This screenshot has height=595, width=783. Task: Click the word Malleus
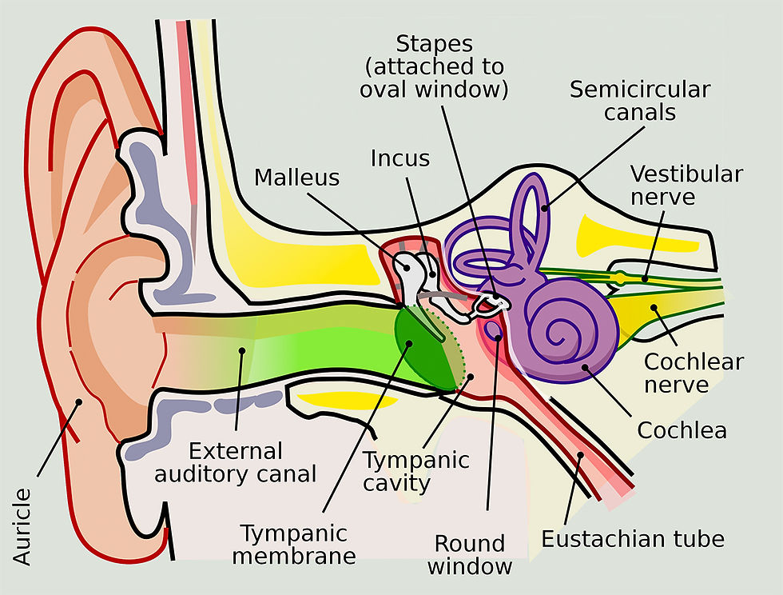click(296, 178)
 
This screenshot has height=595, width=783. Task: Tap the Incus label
click(400, 158)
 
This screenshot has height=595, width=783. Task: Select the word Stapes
click(434, 45)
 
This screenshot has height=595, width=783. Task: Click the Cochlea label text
click(682, 430)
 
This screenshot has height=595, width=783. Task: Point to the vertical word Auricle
click(22, 526)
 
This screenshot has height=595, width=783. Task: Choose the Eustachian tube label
click(633, 539)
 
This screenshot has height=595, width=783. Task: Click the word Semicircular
click(640, 90)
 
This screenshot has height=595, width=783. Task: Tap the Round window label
click(470, 555)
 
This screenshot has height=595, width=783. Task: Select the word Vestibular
click(686, 174)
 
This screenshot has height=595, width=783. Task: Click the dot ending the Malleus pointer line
click(407, 267)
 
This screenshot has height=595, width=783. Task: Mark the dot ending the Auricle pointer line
click(78, 401)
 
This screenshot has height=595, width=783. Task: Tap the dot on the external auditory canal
click(242, 350)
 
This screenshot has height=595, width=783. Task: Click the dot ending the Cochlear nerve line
click(654, 308)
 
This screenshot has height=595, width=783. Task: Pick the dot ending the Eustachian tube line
click(580, 455)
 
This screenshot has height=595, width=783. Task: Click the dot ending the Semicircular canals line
click(544, 208)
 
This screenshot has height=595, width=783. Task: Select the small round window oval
click(494, 329)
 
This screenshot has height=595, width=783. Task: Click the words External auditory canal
click(235, 463)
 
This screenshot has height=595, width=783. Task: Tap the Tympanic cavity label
click(415, 472)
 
